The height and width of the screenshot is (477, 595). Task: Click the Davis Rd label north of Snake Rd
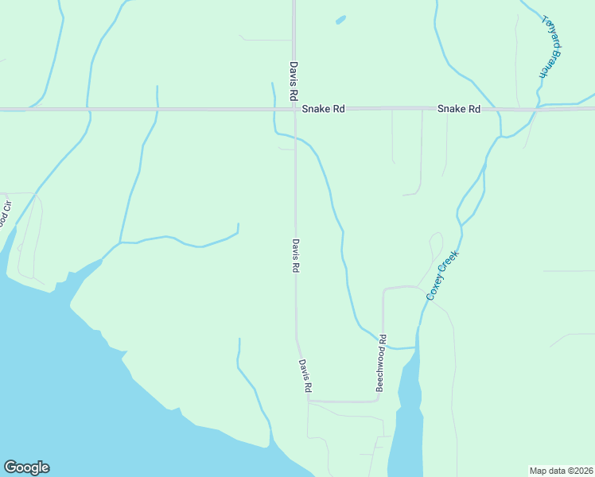coord(294,80)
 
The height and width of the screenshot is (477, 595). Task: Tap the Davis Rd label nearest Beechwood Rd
coord(305,376)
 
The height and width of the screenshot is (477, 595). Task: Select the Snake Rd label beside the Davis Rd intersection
coord(328,109)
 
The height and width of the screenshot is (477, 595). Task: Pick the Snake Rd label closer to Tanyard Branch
coord(459,109)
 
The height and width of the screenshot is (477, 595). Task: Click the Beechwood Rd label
coord(381,362)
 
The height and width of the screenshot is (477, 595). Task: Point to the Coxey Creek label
coord(443,275)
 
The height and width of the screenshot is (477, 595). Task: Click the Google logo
coord(26,467)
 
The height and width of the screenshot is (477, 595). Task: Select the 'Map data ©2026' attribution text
coord(561,470)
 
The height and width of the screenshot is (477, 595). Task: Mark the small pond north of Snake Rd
coord(341,19)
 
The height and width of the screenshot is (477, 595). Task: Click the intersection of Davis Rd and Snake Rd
coord(294,109)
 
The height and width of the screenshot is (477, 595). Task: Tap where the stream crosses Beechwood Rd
coord(383,343)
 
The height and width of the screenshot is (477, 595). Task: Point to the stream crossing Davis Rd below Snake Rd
coord(295,137)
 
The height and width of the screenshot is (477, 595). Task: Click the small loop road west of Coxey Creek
coord(435,242)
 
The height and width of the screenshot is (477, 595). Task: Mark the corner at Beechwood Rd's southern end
coord(379,401)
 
